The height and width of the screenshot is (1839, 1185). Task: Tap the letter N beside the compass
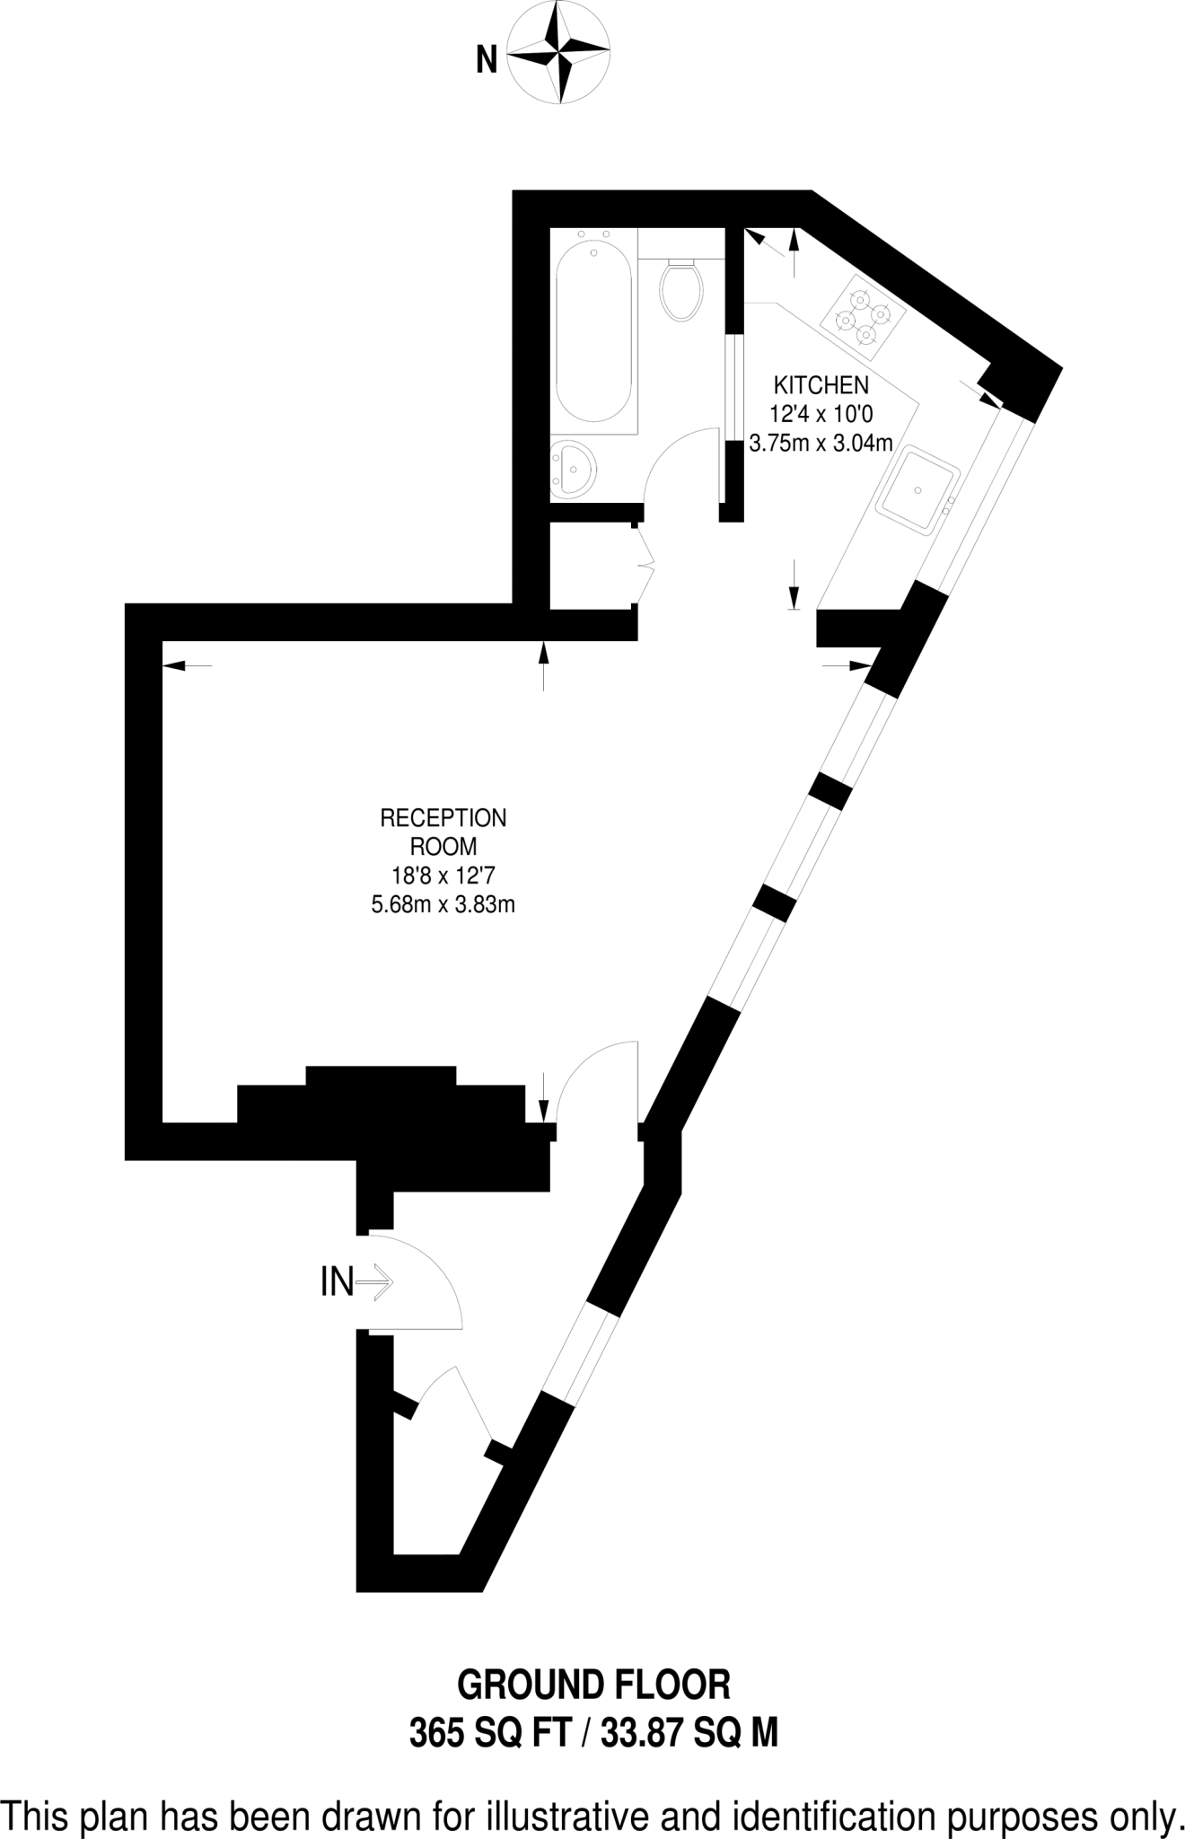coord(487,61)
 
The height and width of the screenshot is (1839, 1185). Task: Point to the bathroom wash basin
coord(572,468)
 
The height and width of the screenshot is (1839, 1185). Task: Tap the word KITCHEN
coord(821,385)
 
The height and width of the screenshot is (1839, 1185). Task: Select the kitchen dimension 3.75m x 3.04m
coord(821,443)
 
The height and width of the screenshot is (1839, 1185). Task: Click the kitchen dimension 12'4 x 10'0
coord(821,414)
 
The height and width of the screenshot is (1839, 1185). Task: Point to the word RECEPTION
coord(443,818)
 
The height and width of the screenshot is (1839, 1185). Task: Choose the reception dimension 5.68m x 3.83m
coord(443,904)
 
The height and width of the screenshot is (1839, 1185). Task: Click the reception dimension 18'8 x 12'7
coord(443,876)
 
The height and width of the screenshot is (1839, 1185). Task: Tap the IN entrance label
coord(337,1282)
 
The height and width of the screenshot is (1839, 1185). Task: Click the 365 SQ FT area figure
coord(490,1732)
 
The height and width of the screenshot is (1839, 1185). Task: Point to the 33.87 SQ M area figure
coord(689,1732)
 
